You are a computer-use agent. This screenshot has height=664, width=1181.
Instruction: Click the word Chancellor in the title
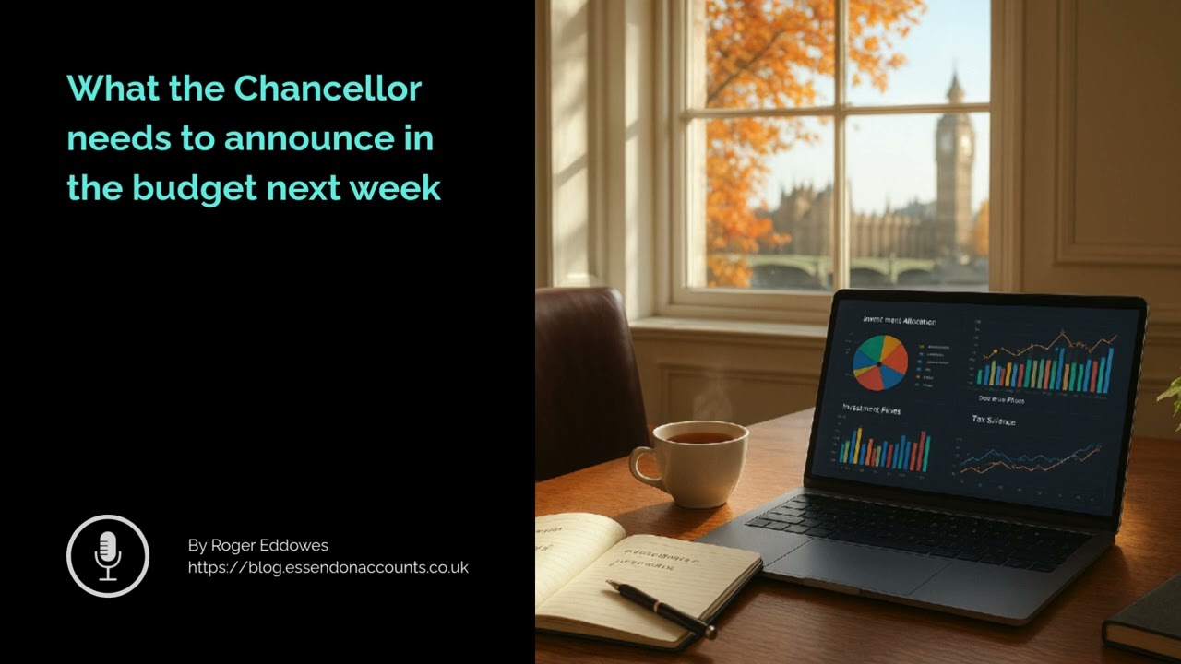(x=328, y=89)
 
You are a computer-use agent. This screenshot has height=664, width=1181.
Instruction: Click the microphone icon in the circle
(x=108, y=555)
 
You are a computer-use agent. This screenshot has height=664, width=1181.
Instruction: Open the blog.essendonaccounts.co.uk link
(x=328, y=567)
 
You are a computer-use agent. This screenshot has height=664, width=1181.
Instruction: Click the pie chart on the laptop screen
(x=879, y=362)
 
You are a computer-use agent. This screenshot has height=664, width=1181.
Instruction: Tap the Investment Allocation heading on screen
(x=899, y=321)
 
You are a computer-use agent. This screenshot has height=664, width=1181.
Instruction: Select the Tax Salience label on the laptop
(x=993, y=421)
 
